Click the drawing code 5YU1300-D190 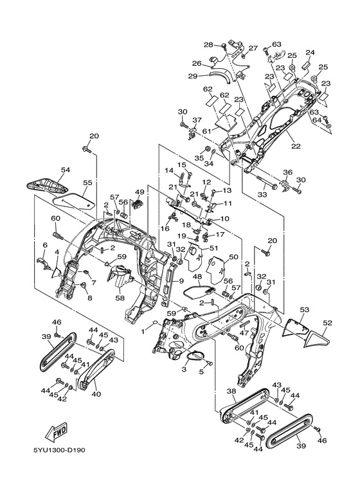pos(59,450)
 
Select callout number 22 pos(296,146)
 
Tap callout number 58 pos(120,298)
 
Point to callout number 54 pos(66,170)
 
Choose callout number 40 pos(96,394)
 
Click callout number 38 pos(231,392)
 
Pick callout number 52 pos(328,323)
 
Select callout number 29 pos(193,76)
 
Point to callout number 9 pos(181,280)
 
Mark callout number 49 pos(139,192)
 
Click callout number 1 pos(143,332)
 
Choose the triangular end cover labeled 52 pos(318,339)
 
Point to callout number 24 pos(310,52)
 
